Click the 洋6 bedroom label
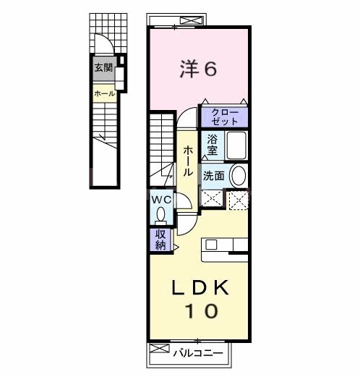197,69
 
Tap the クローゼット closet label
225,116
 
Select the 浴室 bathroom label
212,145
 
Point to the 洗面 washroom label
213,175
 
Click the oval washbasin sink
237,175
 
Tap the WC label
160,199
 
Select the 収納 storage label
160,240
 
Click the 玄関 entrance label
103,68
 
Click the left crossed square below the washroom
211,198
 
